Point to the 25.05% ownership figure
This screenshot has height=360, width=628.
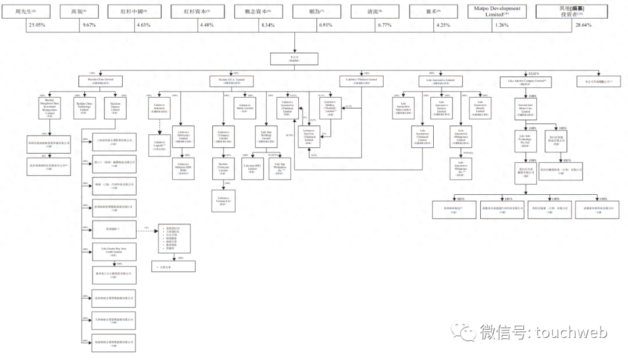coord(38,26)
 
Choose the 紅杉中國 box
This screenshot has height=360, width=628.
coord(136,11)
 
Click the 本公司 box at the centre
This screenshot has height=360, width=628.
coord(294,59)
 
